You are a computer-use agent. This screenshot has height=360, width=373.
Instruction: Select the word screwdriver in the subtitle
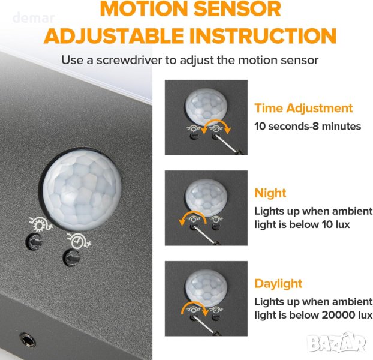[x=129, y=60]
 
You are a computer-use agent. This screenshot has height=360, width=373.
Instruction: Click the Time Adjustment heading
[x=303, y=108]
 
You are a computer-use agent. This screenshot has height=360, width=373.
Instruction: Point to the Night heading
[x=270, y=193]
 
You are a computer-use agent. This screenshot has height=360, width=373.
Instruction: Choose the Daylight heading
[x=278, y=284]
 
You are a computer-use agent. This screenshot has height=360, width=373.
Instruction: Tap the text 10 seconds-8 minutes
[x=308, y=127]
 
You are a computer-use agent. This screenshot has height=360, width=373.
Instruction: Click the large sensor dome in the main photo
[x=82, y=189]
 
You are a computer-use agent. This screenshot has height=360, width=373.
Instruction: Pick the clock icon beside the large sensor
[x=79, y=241]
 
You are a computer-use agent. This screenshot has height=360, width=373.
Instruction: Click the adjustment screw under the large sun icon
[x=35, y=242]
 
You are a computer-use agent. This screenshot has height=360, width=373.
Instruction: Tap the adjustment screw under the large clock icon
[x=71, y=257]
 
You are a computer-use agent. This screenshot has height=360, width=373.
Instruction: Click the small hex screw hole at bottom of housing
[x=27, y=340]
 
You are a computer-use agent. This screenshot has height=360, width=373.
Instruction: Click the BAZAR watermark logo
[x=336, y=341]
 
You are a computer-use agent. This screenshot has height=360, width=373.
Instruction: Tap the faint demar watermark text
[x=34, y=18]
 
